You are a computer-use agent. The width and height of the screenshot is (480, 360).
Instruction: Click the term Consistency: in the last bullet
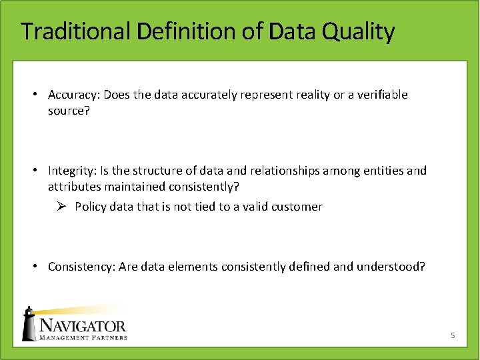(81, 267)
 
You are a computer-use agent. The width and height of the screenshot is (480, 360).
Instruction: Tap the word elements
(192, 267)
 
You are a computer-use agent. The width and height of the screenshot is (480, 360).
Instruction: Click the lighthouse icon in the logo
(29, 323)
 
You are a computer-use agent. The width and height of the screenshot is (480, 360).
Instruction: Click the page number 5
(452, 335)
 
